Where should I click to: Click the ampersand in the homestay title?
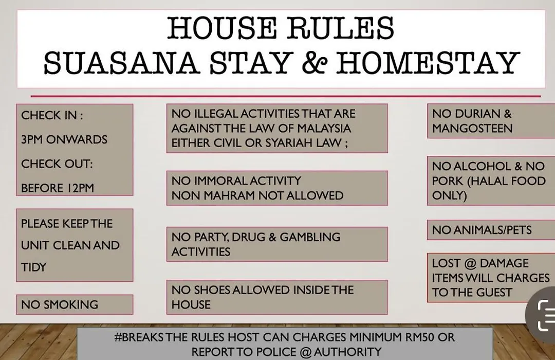click(x=313, y=63)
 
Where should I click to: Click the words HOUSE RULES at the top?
click(x=281, y=28)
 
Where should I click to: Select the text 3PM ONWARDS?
click(x=64, y=139)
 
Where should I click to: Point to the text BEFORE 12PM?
click(x=58, y=188)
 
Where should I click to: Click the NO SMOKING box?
click(x=75, y=304)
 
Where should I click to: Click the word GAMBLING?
click(x=310, y=237)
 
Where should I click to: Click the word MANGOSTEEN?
click(x=472, y=128)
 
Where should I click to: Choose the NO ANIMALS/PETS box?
click(x=491, y=230)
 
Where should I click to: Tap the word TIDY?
click(x=33, y=267)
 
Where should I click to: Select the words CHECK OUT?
click(x=57, y=164)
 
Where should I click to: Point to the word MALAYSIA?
click(x=324, y=128)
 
